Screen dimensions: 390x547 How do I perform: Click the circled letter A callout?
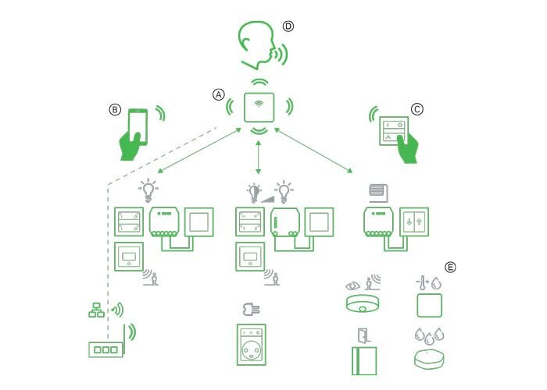tap(219, 94)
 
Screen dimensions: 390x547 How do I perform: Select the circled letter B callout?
tap(115, 111)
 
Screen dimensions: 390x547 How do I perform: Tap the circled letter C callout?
tap(417, 110)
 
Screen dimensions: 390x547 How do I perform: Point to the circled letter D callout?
tap(288, 26)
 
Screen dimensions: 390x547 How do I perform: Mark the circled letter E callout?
tap(450, 267)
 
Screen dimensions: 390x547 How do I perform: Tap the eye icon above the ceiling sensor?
tap(352, 278)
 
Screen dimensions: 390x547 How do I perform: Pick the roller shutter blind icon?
tap(378, 190)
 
